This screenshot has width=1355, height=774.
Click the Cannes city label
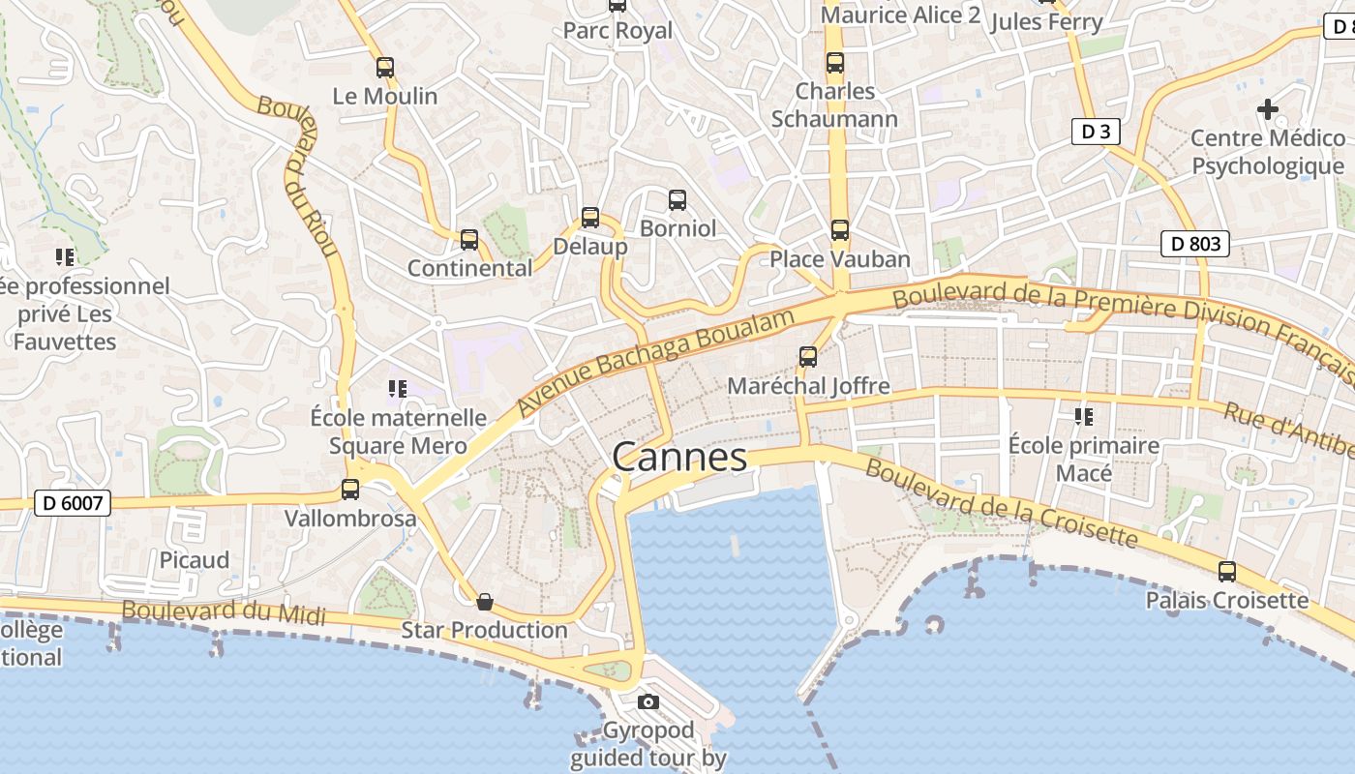679,458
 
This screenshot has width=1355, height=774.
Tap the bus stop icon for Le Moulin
385,68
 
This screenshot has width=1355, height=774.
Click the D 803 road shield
1195,244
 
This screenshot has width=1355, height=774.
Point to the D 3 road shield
1096,132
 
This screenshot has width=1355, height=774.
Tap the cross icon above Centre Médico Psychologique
1267,109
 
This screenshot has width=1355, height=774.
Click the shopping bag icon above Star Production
485,603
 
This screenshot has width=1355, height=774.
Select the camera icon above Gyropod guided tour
648,701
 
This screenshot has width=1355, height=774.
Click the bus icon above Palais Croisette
1227,572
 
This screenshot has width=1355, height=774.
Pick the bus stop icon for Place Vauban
840,230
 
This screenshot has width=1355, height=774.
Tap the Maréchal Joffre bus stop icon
808,357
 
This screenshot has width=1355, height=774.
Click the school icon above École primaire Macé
1083,417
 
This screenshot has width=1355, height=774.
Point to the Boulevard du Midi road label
224,612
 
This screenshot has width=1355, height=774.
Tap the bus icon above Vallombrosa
350,491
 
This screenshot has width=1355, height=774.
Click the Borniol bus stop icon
677,200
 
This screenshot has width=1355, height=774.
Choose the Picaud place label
195,560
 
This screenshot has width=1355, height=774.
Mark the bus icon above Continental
469,240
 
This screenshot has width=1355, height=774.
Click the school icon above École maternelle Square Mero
397,389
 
